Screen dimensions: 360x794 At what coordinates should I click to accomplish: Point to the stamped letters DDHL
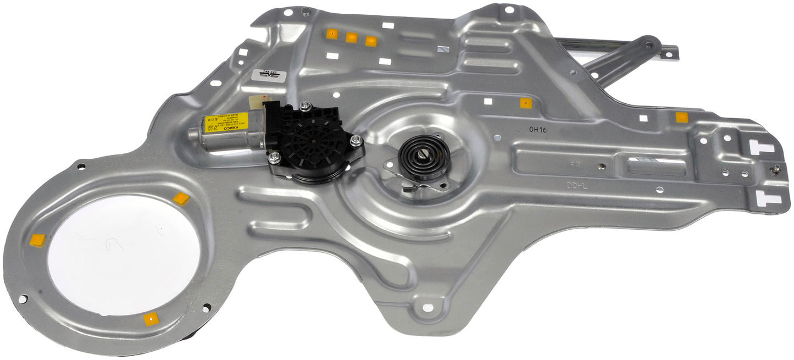(577, 186)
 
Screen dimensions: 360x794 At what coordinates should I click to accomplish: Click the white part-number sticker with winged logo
(269, 75)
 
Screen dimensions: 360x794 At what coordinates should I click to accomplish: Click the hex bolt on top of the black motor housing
(306, 106)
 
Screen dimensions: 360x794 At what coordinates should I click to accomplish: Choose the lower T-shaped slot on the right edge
(767, 198)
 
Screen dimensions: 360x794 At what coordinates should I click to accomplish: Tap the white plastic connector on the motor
(257, 103)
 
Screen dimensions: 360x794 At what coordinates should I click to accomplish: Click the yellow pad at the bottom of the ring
(151, 319)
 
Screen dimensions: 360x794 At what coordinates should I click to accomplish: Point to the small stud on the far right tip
(777, 171)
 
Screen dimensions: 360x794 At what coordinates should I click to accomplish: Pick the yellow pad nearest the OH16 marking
(526, 103)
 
